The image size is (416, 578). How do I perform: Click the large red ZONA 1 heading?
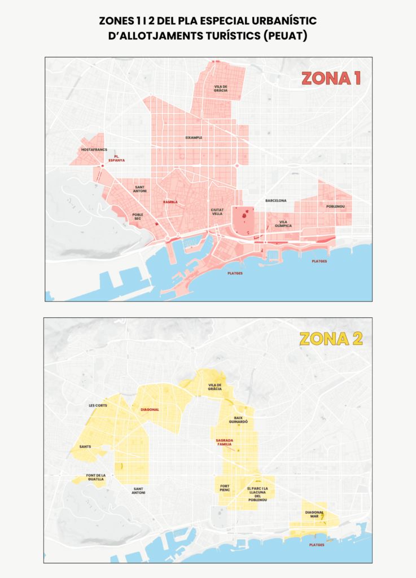pos(331,78)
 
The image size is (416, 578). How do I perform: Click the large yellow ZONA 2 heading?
pos(331,339)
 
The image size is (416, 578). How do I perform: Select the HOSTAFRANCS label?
pos(94,150)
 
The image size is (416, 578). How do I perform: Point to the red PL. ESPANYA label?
pos(117,159)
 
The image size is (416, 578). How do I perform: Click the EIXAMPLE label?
pos(194,137)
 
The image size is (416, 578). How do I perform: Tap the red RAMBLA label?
pos(170,202)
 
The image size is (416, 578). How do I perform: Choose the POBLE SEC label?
pos(138,217)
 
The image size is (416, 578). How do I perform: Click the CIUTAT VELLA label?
pos(217,212)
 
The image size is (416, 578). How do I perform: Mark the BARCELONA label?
pos(276,200)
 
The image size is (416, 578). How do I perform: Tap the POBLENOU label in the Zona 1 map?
pos(335,207)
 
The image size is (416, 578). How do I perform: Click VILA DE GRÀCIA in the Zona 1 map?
pos(220,89)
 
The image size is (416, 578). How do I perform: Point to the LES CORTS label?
pos(98,405)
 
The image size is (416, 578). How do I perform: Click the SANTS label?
pos(85,446)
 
